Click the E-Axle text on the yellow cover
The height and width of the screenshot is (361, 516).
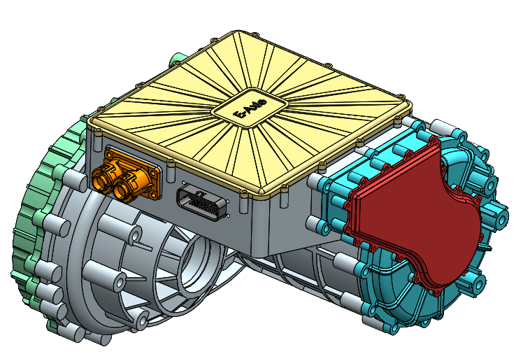(250, 110)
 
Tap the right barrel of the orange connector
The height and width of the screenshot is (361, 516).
(127, 186)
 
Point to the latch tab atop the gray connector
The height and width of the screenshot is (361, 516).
(196, 187)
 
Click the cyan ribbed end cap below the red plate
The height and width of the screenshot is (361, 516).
(392, 308)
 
